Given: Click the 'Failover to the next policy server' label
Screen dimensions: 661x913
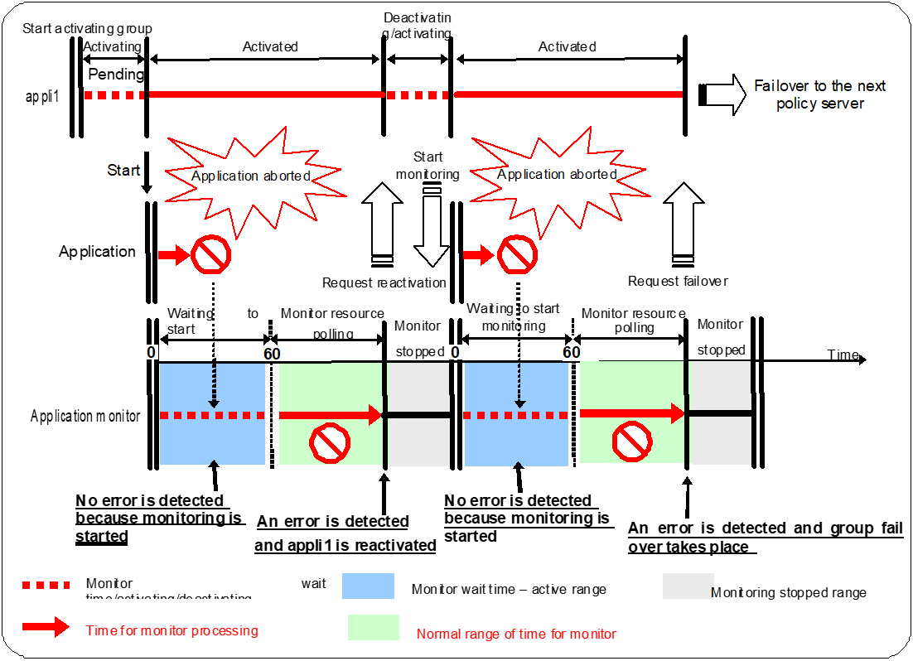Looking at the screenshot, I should (x=819, y=94).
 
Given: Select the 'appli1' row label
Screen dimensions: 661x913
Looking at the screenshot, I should (x=41, y=95).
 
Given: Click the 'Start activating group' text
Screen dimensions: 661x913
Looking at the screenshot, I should (x=87, y=28).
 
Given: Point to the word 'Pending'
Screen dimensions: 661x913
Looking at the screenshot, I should (x=116, y=74).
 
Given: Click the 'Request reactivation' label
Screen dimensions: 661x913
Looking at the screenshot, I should (x=384, y=282).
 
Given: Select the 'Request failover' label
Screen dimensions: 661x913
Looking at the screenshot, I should (x=678, y=281).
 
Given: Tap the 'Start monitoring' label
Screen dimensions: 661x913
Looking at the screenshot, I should (x=428, y=165).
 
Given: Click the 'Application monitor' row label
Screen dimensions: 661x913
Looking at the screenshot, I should (x=85, y=416).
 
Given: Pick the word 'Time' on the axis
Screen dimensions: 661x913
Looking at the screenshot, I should (x=843, y=355).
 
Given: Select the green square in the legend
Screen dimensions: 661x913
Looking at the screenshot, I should (x=374, y=627).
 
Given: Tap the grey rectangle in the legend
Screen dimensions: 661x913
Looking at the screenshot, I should (x=688, y=586).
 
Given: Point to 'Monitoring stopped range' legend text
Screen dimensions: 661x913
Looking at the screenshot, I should (x=789, y=592).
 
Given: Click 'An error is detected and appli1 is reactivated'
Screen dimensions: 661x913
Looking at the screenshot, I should (x=345, y=533).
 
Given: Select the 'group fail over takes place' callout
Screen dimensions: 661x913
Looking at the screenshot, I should (x=765, y=538).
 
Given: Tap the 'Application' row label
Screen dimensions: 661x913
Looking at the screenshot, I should (x=97, y=252).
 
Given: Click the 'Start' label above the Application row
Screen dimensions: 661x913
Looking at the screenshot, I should (x=123, y=170).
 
